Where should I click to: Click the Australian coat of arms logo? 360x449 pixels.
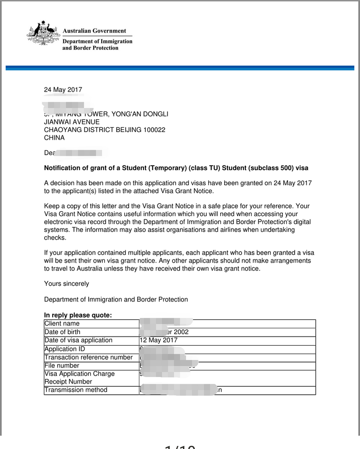[x=43, y=34]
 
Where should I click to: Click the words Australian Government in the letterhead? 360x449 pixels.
[x=94, y=31]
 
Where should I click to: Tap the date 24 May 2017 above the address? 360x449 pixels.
[x=63, y=90]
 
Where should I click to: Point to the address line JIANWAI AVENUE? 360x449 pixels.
[x=72, y=122]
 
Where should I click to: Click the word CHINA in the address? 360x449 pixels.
[x=54, y=138]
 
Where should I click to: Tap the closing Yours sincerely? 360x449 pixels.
[x=66, y=284]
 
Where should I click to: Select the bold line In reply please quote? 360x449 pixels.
[x=78, y=315]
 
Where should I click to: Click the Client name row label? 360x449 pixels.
[x=62, y=324]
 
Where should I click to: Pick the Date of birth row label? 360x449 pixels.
[x=62, y=332]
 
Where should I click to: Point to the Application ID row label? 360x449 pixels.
[x=64, y=349]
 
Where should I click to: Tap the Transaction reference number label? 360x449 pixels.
[x=88, y=357]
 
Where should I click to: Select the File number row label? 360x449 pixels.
[x=62, y=365]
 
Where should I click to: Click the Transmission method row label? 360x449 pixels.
[x=76, y=390]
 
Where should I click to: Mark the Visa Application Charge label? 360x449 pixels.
[x=79, y=374]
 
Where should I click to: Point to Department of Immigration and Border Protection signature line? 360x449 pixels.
[x=116, y=300]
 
